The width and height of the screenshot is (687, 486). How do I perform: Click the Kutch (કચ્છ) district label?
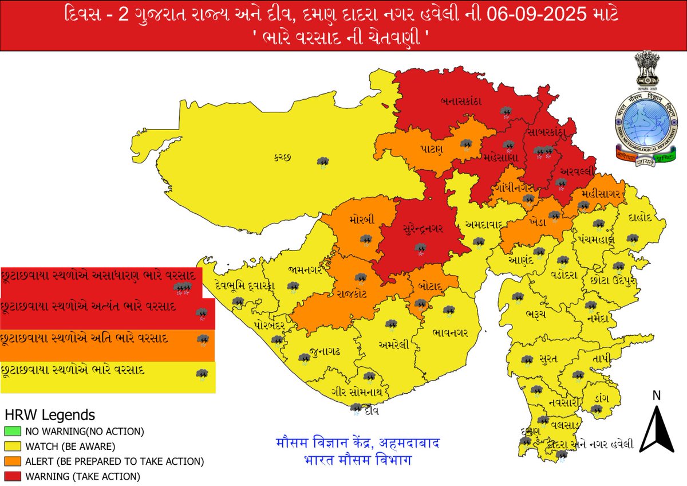283,158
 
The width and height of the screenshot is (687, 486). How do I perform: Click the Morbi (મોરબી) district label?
362,220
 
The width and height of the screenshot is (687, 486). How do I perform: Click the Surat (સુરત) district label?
548,359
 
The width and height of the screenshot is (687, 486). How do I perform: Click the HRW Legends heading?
50,414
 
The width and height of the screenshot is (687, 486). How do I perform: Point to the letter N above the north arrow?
657,395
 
